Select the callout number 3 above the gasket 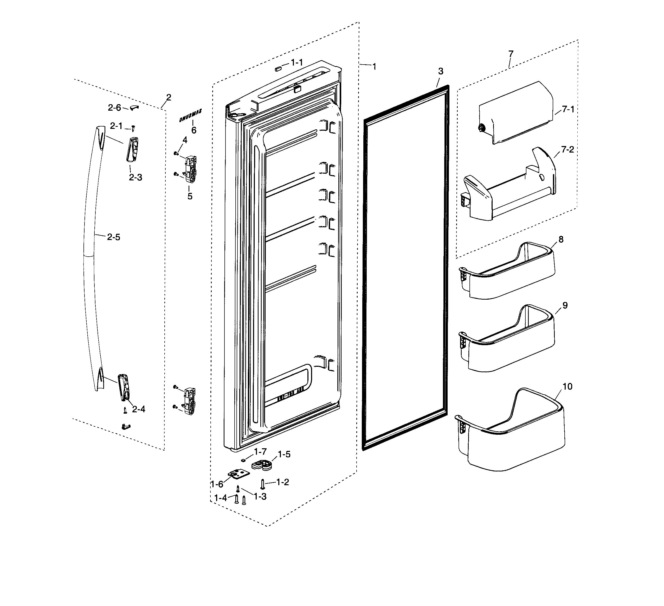[x=441, y=71]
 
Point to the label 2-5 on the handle [x=113, y=237]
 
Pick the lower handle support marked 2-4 [x=123, y=387]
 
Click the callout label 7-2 [x=568, y=150]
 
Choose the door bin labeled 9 [x=507, y=340]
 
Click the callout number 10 [x=568, y=386]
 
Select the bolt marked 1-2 [x=262, y=484]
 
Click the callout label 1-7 [x=260, y=451]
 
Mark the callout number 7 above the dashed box [x=511, y=54]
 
